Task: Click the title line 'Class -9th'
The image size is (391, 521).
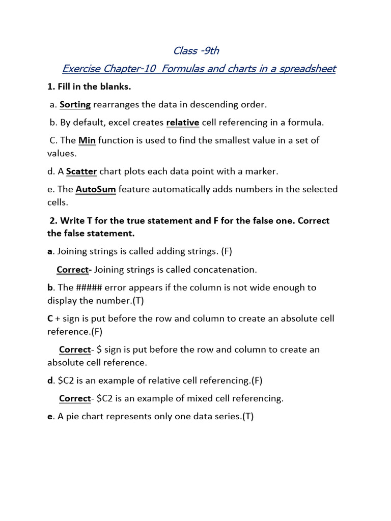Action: pos(196,50)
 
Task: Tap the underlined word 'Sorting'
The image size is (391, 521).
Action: pos(75,104)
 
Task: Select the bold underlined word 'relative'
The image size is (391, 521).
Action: pos(183,122)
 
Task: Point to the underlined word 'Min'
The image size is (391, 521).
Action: pos(87,140)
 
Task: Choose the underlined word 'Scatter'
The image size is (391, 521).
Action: pos(81,171)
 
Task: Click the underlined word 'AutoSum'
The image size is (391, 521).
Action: pos(96,189)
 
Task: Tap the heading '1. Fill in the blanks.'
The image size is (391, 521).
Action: pos(89,86)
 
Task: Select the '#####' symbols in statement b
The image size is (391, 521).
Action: pos(89,287)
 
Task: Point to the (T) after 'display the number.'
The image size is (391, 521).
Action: pos(138,301)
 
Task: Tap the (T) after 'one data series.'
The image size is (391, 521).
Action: pos(248,416)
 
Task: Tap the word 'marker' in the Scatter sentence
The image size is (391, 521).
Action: pos(263,171)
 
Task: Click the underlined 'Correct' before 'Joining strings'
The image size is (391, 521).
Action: pos(73,269)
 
